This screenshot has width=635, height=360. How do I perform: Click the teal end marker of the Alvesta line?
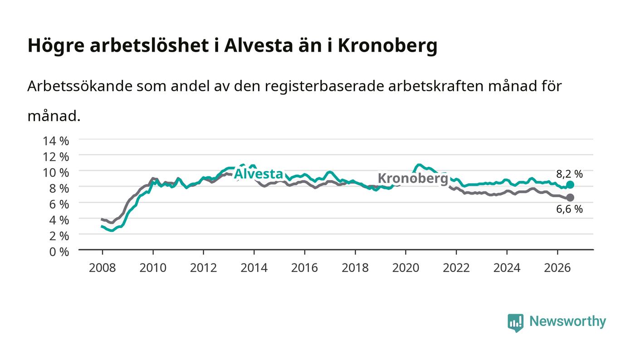coord(570,185)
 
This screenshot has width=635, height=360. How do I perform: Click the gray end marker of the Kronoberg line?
coord(570,198)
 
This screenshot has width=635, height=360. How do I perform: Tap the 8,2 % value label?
coord(569,174)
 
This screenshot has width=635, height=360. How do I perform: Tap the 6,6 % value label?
coord(569,209)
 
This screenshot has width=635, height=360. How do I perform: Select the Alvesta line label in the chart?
coord(258,174)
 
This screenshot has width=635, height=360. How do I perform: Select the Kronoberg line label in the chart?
coord(413,178)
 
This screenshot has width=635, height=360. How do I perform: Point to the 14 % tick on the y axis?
coord(56,141)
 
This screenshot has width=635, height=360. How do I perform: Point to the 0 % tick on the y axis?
coord(59,252)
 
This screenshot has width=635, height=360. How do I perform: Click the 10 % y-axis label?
coord(56,173)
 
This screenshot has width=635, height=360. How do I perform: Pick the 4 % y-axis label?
coord(59,220)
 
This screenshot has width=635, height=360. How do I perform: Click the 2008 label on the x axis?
coord(103,268)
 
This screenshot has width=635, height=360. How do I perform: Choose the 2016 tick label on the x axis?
coord(304,268)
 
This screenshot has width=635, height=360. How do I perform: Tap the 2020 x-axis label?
coord(405,268)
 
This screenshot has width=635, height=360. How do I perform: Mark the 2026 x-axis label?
coord(557,268)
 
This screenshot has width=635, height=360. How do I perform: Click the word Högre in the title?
coord(56,46)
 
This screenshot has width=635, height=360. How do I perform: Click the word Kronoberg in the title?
coord(387,46)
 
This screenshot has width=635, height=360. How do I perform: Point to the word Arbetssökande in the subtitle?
coord(80,86)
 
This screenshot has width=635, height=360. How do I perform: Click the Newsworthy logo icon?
coord(515,323)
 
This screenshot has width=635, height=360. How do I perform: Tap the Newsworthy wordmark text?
coord(568,321)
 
